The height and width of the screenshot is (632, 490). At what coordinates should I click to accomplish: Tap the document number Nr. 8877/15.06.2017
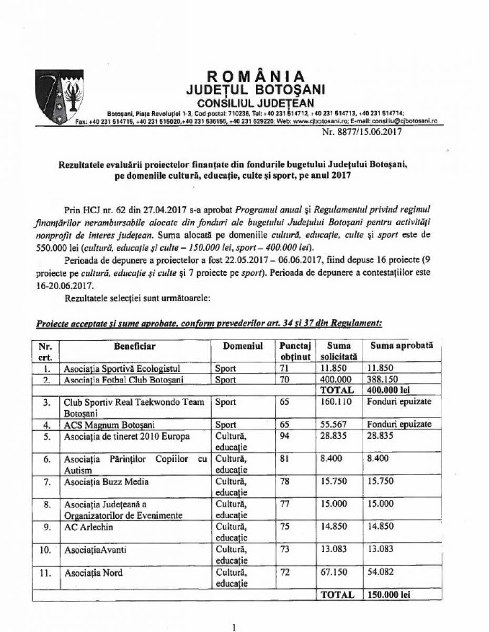(x=362, y=132)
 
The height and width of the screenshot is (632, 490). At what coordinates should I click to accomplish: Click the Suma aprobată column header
(x=402, y=346)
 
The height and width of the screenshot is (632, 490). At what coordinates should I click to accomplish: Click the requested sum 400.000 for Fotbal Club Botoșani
(x=335, y=379)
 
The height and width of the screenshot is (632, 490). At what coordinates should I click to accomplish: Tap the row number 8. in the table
(x=46, y=505)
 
